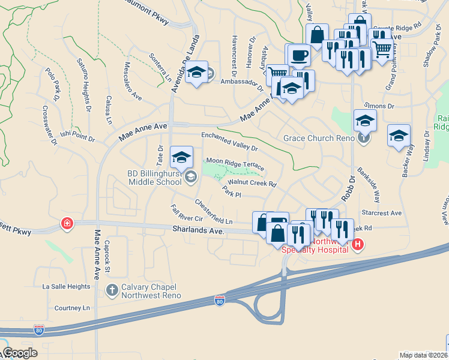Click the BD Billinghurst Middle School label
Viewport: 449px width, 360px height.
[154, 178]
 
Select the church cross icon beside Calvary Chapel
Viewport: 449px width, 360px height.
[112, 290]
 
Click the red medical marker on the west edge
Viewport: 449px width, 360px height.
[67, 224]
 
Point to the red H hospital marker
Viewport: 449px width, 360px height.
[358, 244]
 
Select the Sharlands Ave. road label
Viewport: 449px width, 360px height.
[197, 230]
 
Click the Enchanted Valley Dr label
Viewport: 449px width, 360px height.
[229, 142]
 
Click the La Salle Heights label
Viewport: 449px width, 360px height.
[66, 287]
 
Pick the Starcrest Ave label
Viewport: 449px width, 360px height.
[381, 213]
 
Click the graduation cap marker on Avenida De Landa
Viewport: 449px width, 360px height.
[196, 73]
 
